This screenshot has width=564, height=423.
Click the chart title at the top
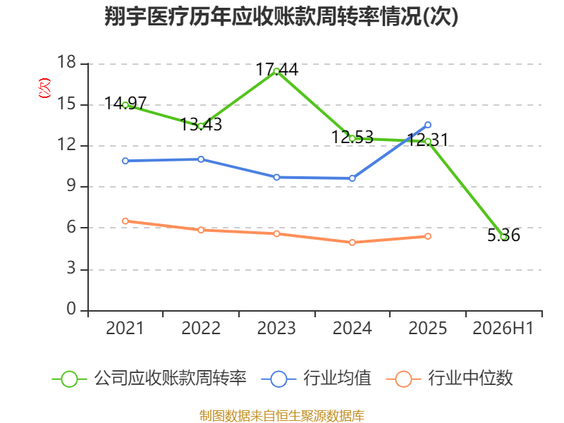pyautogui.click(x=281, y=16)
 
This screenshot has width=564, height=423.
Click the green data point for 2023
pyautogui.click(x=276, y=71)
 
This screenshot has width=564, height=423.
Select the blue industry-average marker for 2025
pyautogui.click(x=428, y=125)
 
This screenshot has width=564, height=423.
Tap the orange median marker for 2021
pyautogui.click(x=125, y=221)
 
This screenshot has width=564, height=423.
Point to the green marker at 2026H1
pyautogui.click(x=503, y=237)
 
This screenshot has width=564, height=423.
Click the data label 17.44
pyautogui.click(x=276, y=69)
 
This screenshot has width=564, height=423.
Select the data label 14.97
pyautogui.click(x=125, y=104)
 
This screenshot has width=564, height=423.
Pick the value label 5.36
pyautogui.click(x=503, y=235)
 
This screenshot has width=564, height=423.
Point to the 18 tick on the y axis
pyautogui.click(x=67, y=62)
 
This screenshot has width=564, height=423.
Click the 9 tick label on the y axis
pyautogui.click(x=72, y=185)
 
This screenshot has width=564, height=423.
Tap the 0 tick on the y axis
pyautogui.click(x=72, y=309)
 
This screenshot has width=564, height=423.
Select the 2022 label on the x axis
pyautogui.click(x=201, y=328)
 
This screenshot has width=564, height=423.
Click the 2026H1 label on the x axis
pyautogui.click(x=503, y=328)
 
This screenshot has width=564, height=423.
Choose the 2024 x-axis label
pyautogui.click(x=352, y=328)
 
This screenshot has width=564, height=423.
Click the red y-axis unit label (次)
pyautogui.click(x=44, y=88)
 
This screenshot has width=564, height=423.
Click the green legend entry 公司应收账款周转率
pyautogui.click(x=149, y=379)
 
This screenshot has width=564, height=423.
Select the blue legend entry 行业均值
pyautogui.click(x=316, y=379)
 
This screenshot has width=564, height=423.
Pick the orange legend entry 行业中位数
pyautogui.click(x=449, y=379)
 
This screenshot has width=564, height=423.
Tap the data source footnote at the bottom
pyautogui.click(x=282, y=416)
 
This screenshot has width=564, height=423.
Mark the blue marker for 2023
pyautogui.click(x=276, y=178)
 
